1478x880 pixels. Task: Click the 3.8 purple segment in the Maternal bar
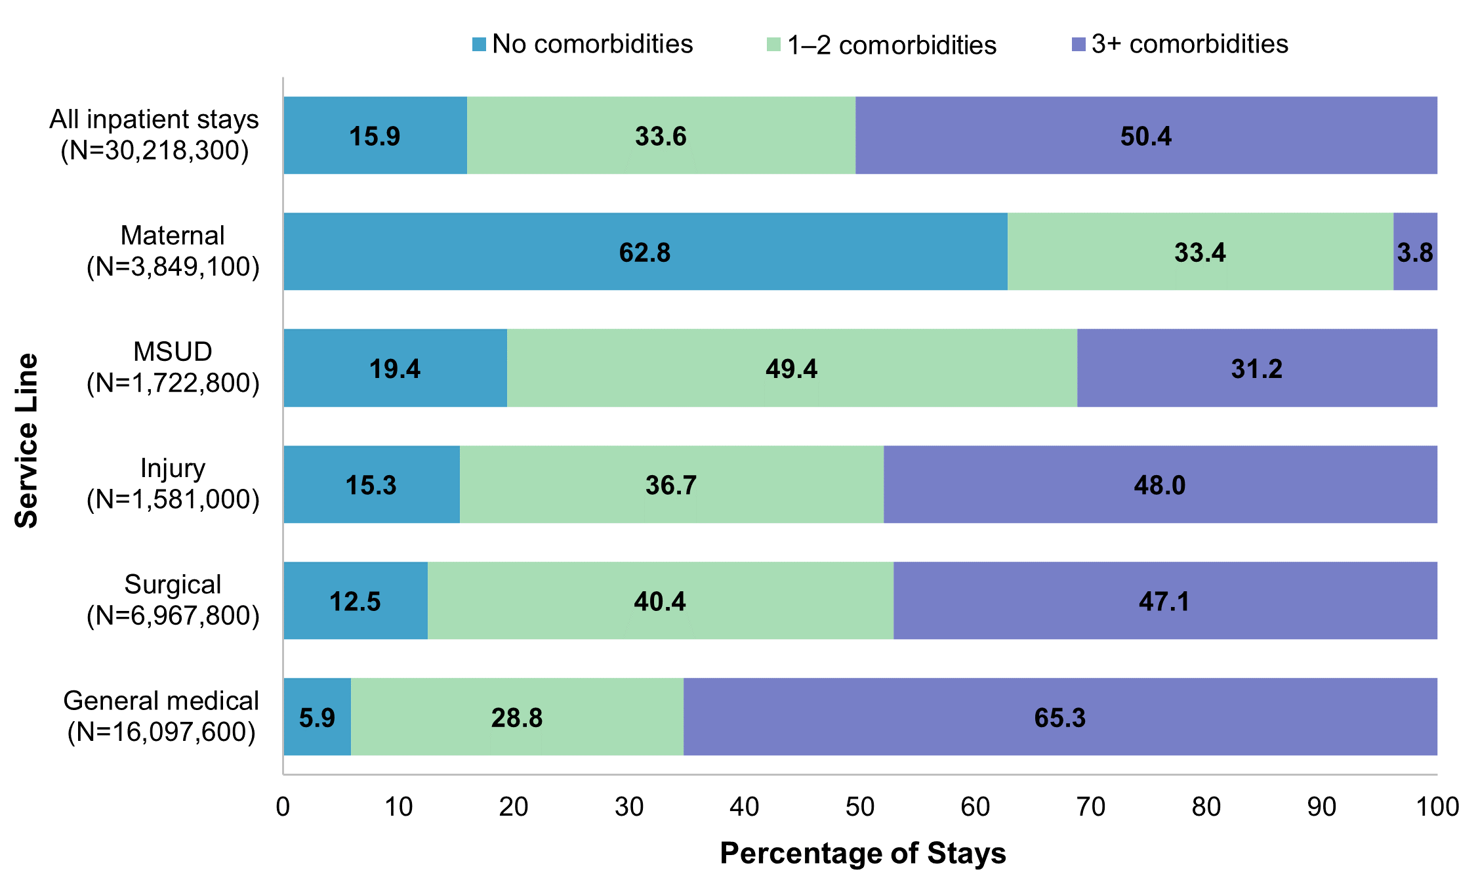(x=1415, y=252)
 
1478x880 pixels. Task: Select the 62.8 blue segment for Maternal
(x=645, y=252)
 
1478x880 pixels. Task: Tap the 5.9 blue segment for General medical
(x=318, y=717)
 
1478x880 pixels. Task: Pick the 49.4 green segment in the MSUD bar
(x=791, y=368)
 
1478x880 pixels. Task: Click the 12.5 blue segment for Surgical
(x=355, y=601)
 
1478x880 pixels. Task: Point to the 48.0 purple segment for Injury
(x=1160, y=485)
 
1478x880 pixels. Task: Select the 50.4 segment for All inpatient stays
(x=1145, y=136)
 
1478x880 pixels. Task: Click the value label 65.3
(x=1060, y=718)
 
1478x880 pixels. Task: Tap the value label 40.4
(x=660, y=602)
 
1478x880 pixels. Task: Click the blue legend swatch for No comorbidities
(x=480, y=45)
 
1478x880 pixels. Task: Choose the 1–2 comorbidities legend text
(x=892, y=45)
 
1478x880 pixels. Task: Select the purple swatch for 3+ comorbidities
(x=1078, y=45)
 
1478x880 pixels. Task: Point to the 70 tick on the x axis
(x=1091, y=807)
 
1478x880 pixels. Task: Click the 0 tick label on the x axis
(x=283, y=807)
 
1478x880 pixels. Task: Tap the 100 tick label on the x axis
(x=1437, y=807)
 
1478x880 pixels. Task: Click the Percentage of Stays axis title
(x=863, y=853)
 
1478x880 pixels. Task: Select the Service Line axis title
(x=27, y=440)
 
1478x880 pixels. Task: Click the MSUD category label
(x=173, y=352)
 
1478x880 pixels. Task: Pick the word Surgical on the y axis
(x=173, y=585)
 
